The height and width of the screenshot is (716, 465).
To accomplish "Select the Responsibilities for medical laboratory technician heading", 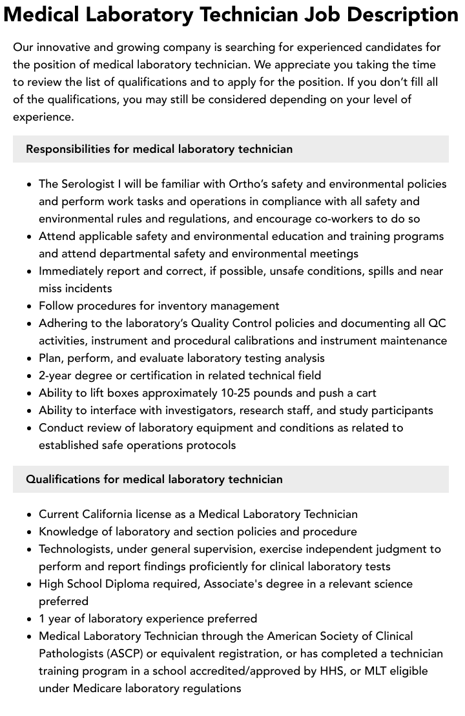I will point(159,149).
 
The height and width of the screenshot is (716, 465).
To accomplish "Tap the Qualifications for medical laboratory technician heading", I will point(154,479).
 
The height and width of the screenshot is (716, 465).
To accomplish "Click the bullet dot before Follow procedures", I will point(30,306).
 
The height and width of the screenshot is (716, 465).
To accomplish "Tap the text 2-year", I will point(57,375).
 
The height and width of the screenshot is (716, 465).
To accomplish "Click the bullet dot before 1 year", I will point(30,619).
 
